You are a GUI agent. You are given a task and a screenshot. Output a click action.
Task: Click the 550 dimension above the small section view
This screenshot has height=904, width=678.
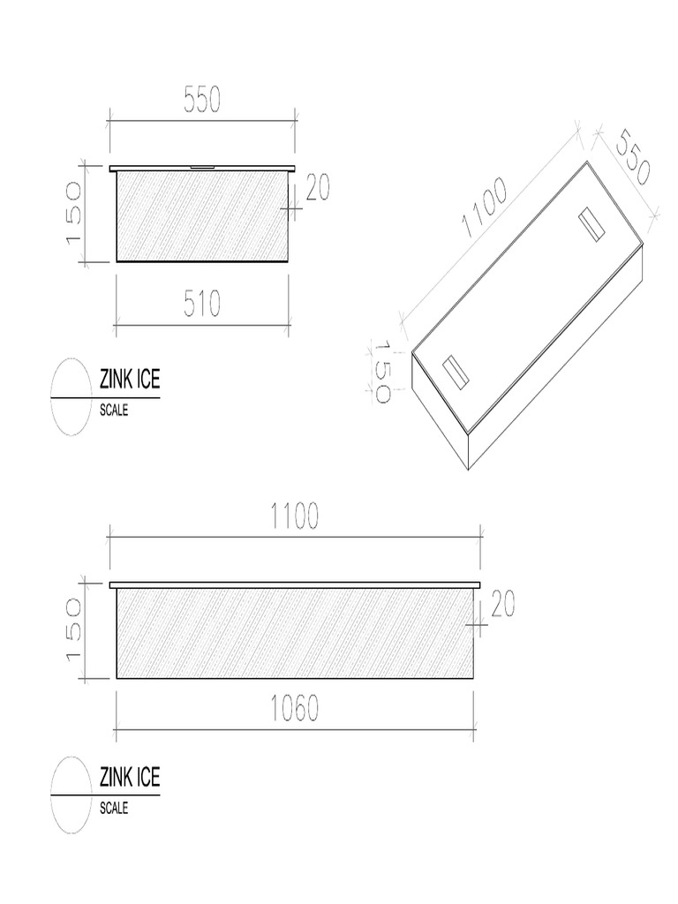pyautogui.click(x=202, y=99)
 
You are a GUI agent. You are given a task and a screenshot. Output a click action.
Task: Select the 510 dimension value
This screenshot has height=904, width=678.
pyautogui.click(x=202, y=304)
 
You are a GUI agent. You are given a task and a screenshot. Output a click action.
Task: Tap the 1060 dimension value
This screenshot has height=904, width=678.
pyautogui.click(x=295, y=709)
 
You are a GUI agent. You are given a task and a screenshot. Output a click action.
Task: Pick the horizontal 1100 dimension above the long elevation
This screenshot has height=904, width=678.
pyautogui.click(x=295, y=516)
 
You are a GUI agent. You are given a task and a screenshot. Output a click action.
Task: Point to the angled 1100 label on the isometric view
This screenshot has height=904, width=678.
pyautogui.click(x=485, y=207)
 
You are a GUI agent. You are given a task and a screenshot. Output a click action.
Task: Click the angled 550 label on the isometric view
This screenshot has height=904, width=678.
pyautogui.click(x=632, y=157)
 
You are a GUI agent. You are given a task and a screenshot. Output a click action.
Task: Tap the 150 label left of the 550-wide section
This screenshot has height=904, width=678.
pyautogui.click(x=74, y=214)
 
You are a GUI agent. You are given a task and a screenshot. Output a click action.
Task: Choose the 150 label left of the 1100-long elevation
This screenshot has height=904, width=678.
pyautogui.click(x=74, y=629)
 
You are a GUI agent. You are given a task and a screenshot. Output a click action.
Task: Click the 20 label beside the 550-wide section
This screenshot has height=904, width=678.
pyautogui.click(x=318, y=188)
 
